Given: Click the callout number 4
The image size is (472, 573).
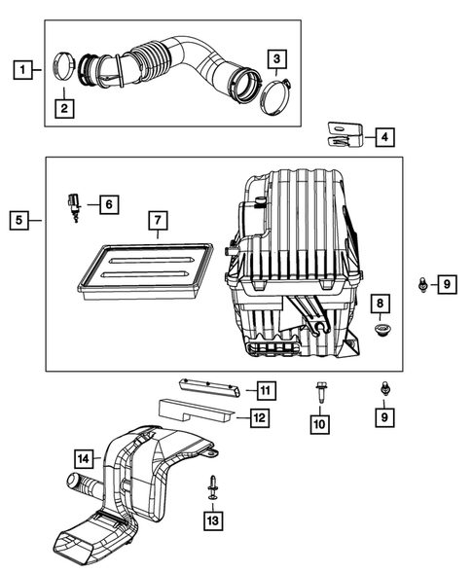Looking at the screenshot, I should [386, 138].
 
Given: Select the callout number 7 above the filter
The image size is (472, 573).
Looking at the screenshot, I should [157, 222].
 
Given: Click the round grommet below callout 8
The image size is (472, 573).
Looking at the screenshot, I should [381, 333].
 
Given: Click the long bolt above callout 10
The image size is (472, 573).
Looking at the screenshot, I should [321, 395].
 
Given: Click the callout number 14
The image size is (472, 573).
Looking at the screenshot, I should [84, 457].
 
